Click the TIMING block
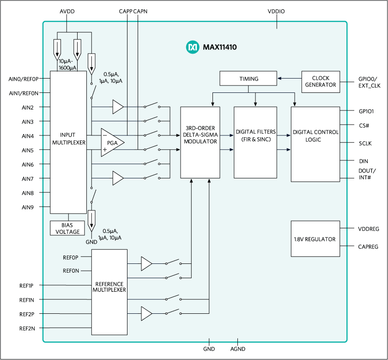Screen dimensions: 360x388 [x=249, y=79]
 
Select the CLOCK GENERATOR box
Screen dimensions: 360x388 [x=321, y=82]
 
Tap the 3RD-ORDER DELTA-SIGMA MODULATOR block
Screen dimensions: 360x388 [x=200, y=142]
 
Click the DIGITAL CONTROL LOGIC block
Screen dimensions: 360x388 [x=315, y=144]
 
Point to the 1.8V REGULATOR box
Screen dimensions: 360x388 [x=315, y=239]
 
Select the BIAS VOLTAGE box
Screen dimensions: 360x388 [x=68, y=228]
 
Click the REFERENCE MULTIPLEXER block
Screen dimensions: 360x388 [x=109, y=292]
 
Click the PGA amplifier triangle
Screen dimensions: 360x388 [x=112, y=142]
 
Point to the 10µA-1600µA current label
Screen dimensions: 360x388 [x=67, y=65]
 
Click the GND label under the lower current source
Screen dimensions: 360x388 [x=92, y=242]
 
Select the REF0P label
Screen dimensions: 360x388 [x=71, y=257]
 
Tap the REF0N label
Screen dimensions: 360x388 [x=71, y=271]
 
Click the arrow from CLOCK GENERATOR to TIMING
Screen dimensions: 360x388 [x=289, y=79]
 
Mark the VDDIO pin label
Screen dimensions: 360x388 [x=276, y=11]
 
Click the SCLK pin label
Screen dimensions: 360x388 [x=365, y=144]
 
